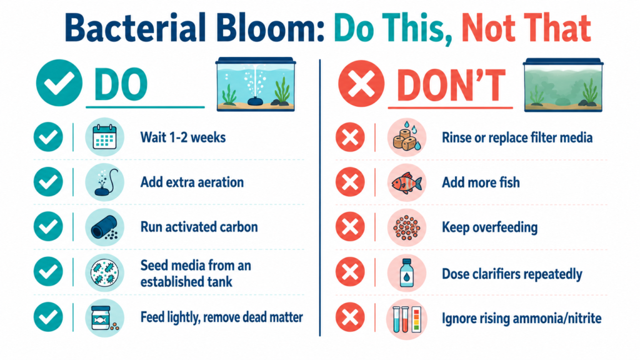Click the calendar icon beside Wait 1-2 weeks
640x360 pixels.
104,137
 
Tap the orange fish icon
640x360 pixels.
406,182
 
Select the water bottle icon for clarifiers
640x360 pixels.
406,272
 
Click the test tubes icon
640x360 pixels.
406,319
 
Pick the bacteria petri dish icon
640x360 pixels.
104,272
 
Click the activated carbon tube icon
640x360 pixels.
104,227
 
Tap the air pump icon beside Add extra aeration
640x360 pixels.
104,182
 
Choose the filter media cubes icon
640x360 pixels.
406,137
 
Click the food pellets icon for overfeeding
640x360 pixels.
406,227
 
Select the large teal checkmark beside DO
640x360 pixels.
59,83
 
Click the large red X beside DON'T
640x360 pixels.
361,84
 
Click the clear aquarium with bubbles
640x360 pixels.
256,84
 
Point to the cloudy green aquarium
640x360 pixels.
563,85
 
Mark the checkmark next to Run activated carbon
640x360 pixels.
48,226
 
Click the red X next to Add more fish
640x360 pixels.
350,182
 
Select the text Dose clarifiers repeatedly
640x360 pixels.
512,274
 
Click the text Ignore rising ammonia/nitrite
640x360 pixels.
522,318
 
